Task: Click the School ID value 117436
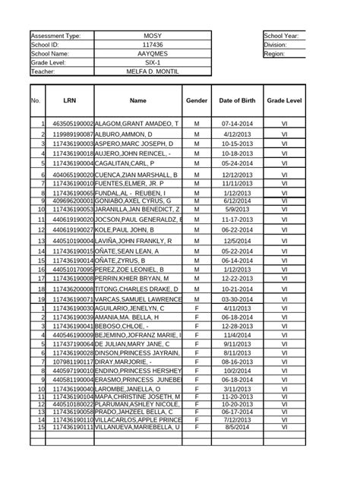[153, 45]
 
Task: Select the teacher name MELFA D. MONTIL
[153, 72]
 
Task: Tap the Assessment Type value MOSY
[153, 36]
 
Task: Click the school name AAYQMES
[153, 54]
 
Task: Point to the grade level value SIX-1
[153, 63]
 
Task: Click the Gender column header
[196, 100]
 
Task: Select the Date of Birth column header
[236, 100]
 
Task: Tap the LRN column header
[70, 100]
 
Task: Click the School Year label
[281, 36]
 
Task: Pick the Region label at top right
[275, 54]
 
